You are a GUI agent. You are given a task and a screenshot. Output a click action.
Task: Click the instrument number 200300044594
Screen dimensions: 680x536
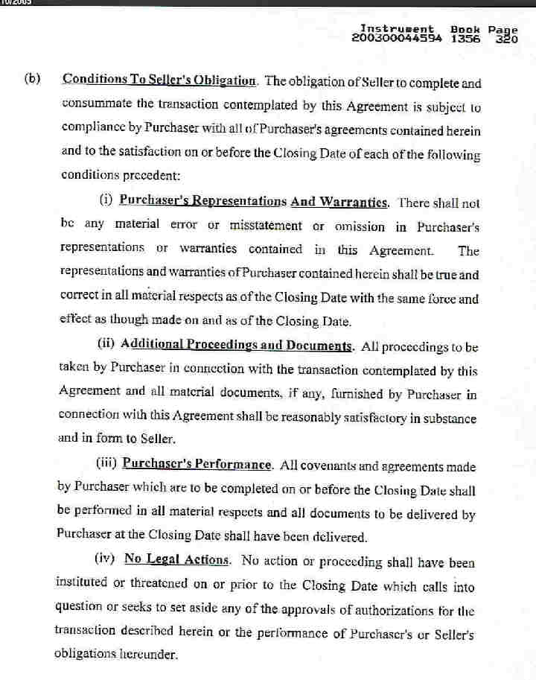click(x=398, y=38)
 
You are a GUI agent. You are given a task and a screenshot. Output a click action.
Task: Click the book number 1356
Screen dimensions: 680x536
click(x=465, y=38)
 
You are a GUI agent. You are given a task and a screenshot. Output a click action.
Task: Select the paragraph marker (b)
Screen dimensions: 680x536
click(x=32, y=79)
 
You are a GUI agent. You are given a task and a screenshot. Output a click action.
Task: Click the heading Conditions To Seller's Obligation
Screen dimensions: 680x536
click(x=160, y=80)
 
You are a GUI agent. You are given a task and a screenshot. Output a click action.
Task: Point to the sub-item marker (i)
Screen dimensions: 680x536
click(x=106, y=200)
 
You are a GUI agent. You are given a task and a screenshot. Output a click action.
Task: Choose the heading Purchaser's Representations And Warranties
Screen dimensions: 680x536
click(x=254, y=201)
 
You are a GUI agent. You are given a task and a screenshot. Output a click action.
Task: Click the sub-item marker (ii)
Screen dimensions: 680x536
click(x=106, y=345)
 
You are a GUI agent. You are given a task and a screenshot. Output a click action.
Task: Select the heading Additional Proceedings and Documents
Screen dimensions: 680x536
click(x=237, y=345)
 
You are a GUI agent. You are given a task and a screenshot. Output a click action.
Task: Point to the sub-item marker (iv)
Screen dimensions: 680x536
click(x=106, y=559)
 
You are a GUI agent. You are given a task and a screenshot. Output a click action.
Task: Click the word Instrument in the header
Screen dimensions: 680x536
click(x=398, y=29)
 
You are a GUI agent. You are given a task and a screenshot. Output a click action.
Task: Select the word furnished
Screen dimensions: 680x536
click(x=369, y=394)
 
